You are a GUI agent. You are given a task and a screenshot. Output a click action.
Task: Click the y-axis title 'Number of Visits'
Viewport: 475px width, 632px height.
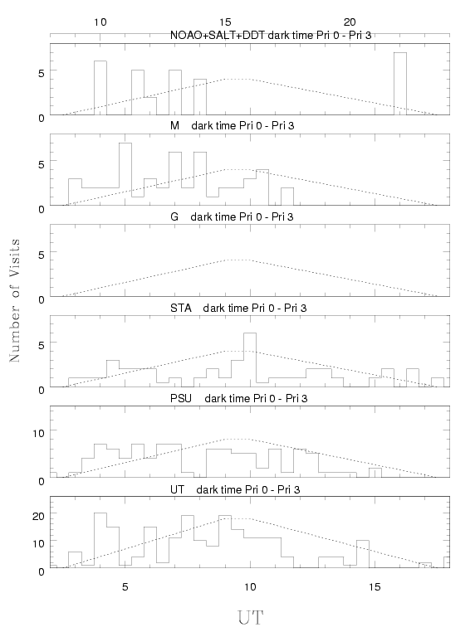[x=14, y=300]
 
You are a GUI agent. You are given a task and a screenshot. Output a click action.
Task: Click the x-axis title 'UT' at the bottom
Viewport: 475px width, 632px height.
[x=251, y=618]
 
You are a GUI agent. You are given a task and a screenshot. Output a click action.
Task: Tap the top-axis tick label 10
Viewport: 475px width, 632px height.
[x=100, y=22]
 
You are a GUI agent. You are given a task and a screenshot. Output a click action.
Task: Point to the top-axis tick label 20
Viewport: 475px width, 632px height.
[x=350, y=22]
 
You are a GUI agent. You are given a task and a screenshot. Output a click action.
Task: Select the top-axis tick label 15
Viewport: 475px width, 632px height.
[x=225, y=22]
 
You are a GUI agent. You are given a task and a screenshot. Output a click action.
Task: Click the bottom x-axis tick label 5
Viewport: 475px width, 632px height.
[x=125, y=586]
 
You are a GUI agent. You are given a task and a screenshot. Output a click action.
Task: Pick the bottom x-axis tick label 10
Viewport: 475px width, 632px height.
[x=250, y=586]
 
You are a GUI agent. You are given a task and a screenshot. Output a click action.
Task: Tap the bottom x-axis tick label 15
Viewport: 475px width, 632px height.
[x=375, y=586]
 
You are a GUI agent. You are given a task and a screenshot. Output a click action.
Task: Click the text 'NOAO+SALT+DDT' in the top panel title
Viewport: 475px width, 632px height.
[x=218, y=36]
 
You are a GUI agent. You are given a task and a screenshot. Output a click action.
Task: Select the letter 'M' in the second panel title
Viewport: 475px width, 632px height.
[x=174, y=126]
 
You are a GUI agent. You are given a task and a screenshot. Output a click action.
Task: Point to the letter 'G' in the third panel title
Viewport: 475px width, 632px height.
[x=174, y=216]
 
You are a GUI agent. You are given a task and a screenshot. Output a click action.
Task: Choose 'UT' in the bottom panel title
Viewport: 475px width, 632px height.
[x=177, y=489]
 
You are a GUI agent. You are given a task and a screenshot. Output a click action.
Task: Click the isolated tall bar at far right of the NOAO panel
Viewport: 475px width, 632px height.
[x=400, y=84]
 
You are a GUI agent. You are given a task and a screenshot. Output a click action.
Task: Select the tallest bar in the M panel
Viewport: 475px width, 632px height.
[x=125, y=174]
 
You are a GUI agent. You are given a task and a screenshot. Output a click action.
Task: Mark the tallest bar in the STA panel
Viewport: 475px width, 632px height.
[x=250, y=360]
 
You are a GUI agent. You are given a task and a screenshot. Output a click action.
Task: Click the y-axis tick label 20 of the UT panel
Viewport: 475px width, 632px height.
[x=38, y=516]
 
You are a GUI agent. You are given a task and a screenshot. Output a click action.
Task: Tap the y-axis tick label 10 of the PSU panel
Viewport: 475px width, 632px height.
[x=38, y=433]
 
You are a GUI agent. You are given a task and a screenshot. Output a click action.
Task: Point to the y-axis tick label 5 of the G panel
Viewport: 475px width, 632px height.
[x=42, y=255]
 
